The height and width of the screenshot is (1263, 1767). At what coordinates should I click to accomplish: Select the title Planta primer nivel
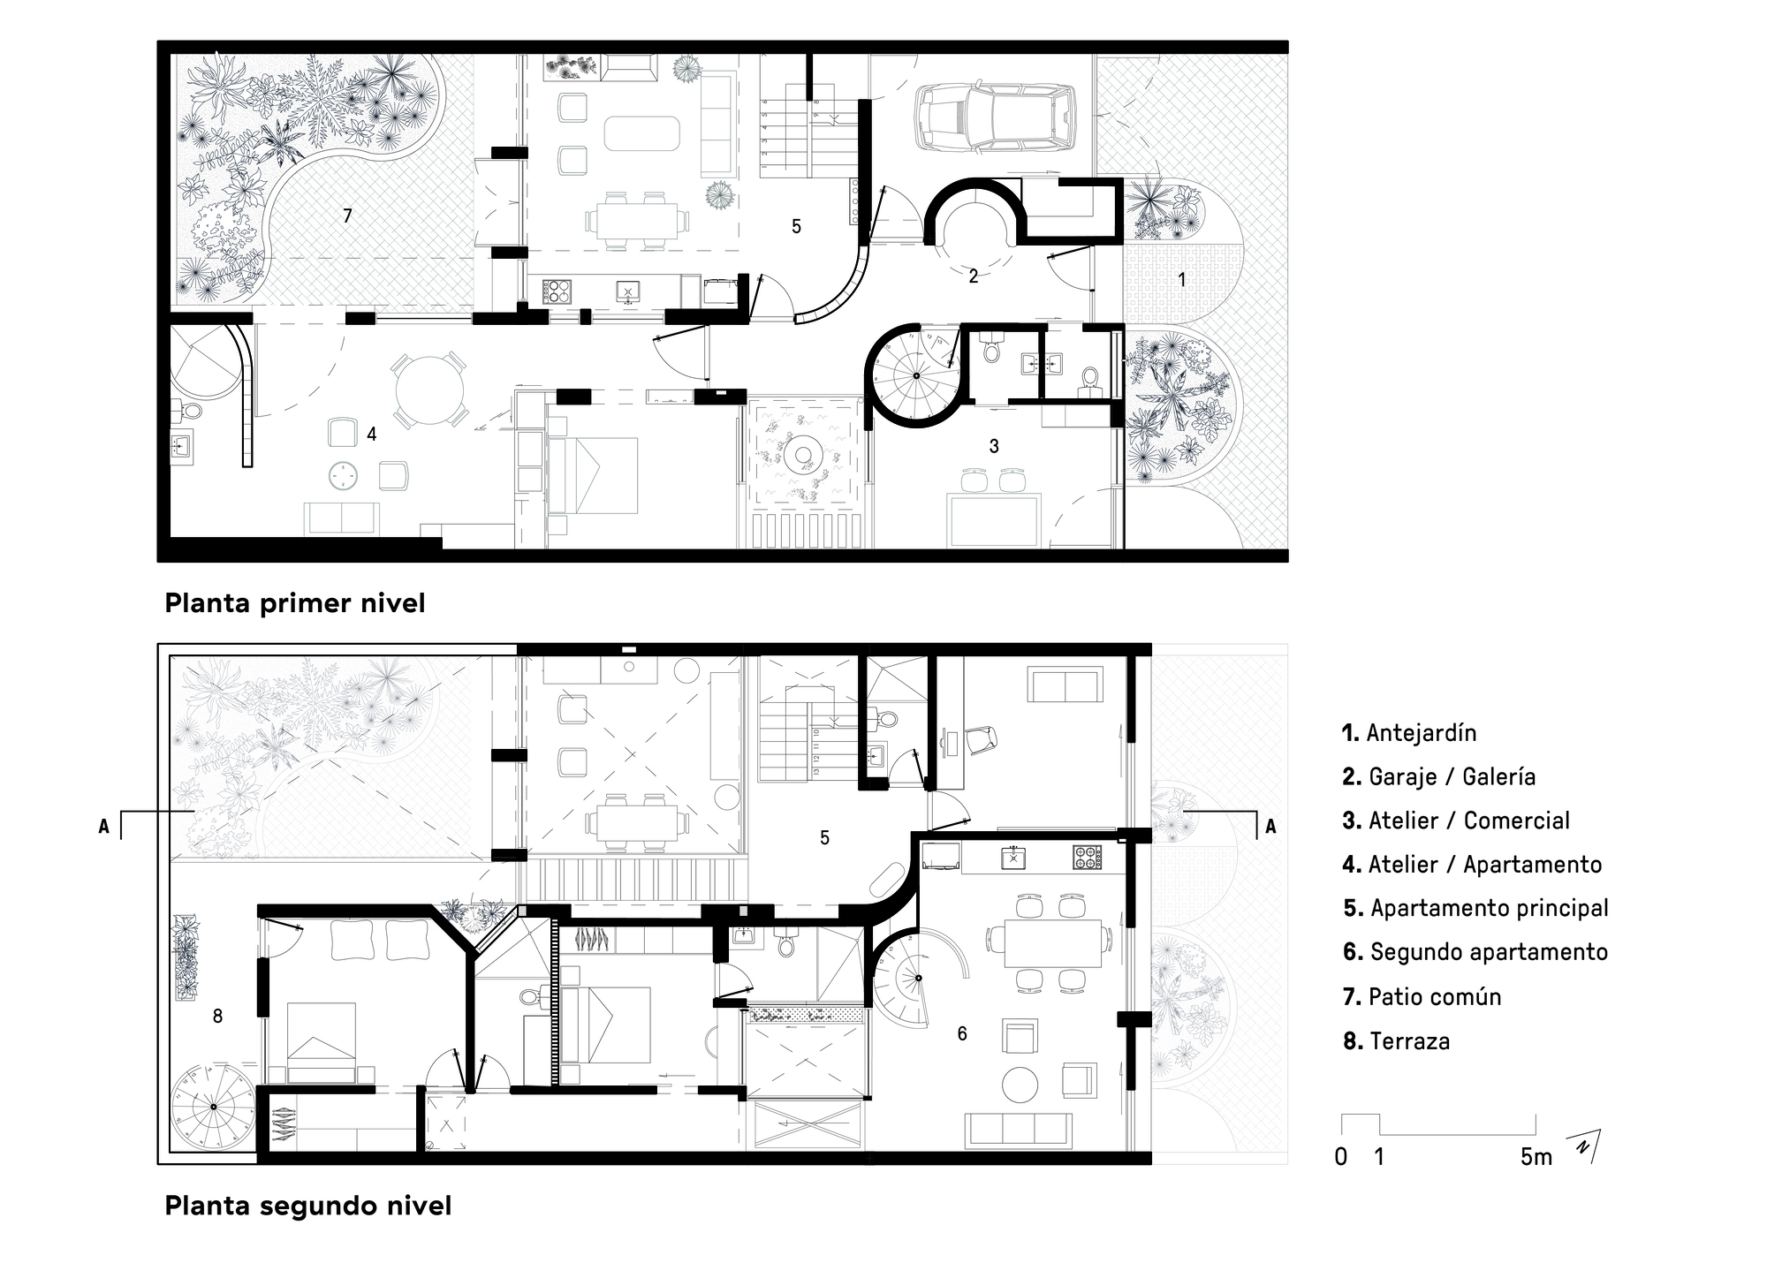click(294, 603)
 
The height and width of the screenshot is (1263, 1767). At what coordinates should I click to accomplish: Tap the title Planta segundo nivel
click(307, 1206)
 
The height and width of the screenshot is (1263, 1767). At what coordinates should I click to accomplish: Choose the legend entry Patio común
click(1422, 996)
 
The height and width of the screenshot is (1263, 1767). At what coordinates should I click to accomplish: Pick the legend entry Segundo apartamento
click(1475, 952)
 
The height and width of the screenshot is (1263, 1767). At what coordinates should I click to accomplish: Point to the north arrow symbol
click(1587, 1146)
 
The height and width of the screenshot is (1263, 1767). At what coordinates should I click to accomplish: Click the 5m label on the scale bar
click(1536, 1157)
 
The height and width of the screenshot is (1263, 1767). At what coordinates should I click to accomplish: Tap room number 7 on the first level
click(347, 216)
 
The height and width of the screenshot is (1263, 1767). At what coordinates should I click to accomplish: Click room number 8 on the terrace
click(217, 1017)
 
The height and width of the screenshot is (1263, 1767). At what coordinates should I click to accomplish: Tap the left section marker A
click(104, 827)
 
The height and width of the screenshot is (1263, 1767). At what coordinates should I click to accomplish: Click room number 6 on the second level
click(962, 1033)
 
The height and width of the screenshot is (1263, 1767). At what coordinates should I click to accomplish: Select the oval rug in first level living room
click(641, 134)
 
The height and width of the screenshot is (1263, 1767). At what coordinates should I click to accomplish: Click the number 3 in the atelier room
click(994, 446)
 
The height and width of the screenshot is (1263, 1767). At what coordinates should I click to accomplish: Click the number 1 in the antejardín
click(1181, 279)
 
